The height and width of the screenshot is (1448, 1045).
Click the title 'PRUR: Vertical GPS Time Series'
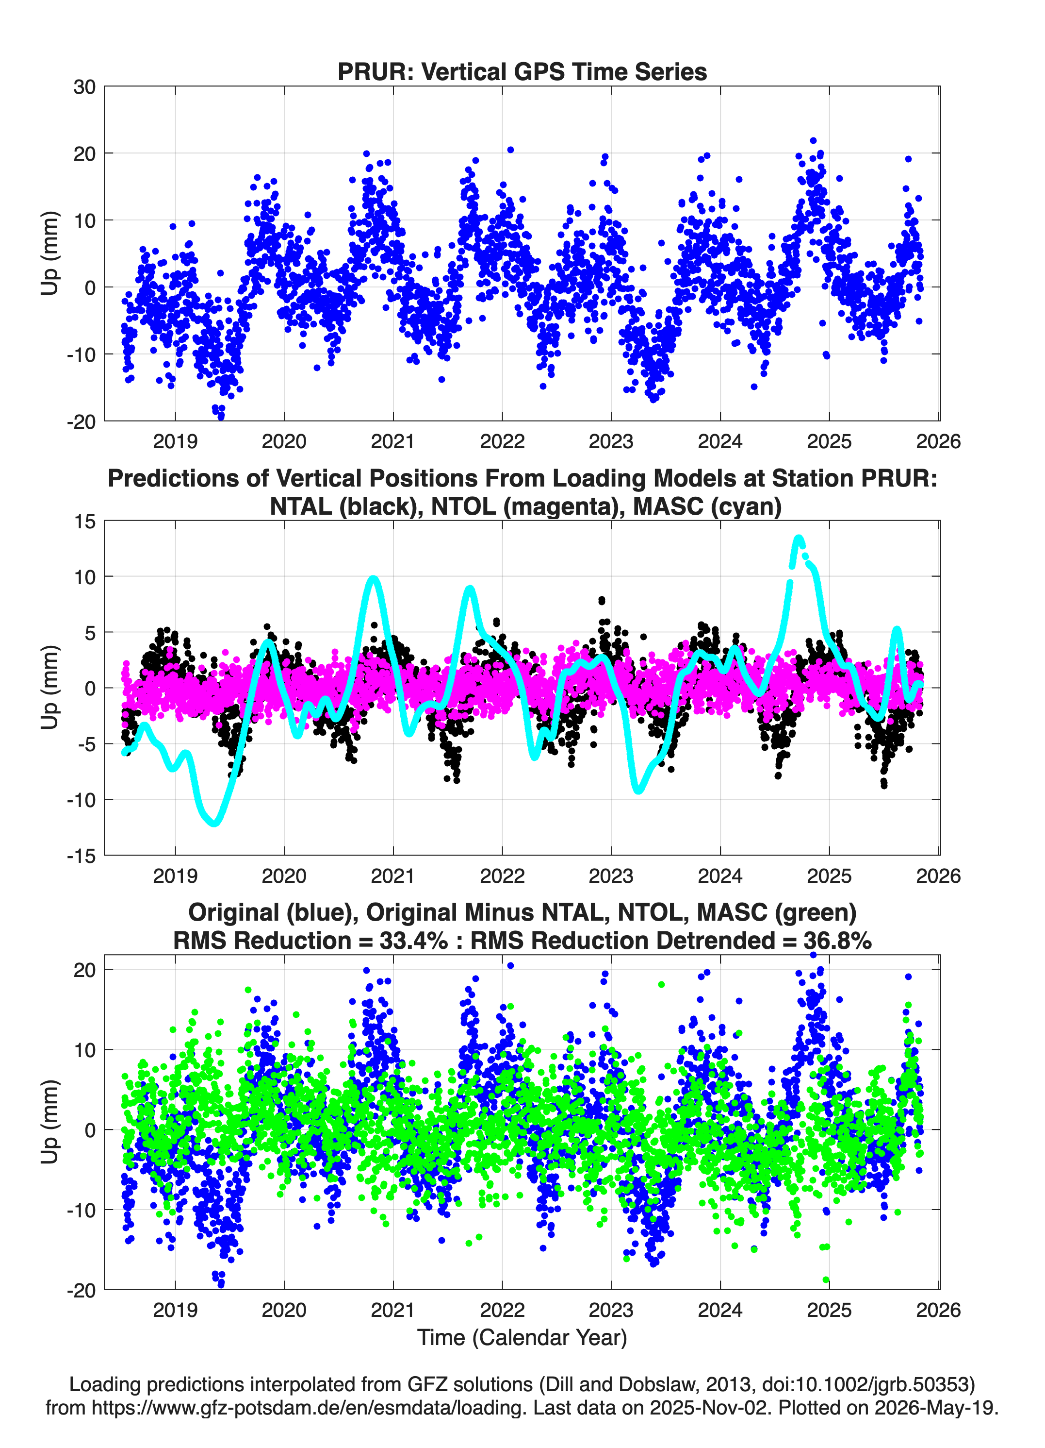coord(522,71)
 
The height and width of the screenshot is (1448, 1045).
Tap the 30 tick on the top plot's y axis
coord(84,87)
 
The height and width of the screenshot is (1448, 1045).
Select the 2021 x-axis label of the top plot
coord(393,441)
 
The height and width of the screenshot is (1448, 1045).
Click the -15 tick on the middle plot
coord(81,856)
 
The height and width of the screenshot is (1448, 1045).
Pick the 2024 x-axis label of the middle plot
coord(720,876)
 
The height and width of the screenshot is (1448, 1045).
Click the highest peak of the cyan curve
coord(799,538)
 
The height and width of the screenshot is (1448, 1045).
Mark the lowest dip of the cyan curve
coord(214,823)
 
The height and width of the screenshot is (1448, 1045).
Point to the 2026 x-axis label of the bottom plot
coord(938,1310)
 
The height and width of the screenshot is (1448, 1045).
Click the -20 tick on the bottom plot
coord(81,1290)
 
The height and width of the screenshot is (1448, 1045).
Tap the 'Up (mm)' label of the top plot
coord(50,253)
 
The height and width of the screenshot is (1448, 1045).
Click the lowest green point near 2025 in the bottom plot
coord(826,1280)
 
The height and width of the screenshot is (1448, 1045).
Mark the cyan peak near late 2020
coord(373,580)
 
